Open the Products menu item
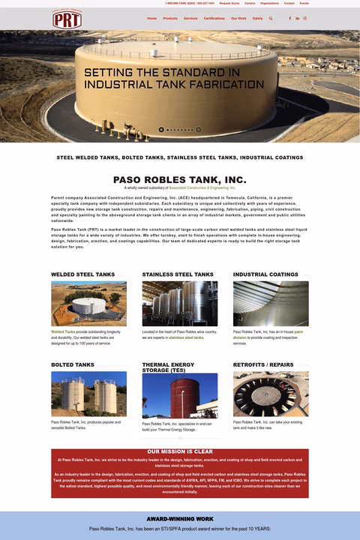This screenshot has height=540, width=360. (x=170, y=18)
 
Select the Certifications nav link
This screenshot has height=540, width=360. (x=214, y=18)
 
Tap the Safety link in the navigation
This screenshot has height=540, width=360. (x=258, y=18)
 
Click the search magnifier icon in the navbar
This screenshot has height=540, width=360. (x=271, y=18)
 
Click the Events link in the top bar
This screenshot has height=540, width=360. (x=304, y=3)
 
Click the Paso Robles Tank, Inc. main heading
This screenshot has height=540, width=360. (x=179, y=180)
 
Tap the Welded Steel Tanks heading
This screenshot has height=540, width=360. (x=83, y=274)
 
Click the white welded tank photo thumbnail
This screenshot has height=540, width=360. (x=88, y=303)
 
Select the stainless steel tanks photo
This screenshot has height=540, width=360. (x=180, y=303)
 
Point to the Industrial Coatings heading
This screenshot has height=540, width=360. (x=265, y=274)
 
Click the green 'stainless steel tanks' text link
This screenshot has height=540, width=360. (x=186, y=337)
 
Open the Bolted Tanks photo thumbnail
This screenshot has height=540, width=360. (x=88, y=394)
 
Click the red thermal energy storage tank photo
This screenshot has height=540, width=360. (x=180, y=395)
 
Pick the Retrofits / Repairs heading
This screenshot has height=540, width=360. (x=263, y=365)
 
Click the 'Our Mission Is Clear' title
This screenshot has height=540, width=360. (x=180, y=451)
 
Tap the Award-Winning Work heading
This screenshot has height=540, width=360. (x=180, y=519)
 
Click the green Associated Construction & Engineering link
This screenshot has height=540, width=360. (x=202, y=187)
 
